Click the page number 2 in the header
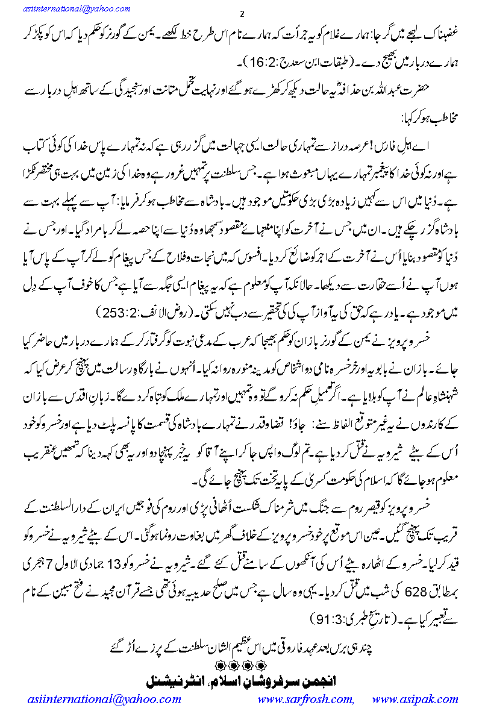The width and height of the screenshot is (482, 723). click(241, 14)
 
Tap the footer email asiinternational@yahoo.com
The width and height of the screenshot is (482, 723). click(104, 700)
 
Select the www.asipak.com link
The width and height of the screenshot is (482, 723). click(416, 700)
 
